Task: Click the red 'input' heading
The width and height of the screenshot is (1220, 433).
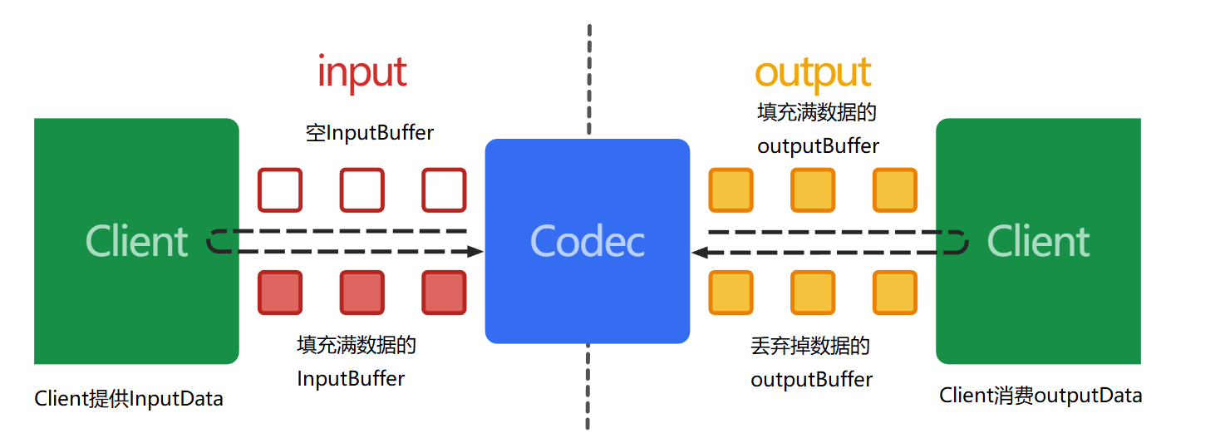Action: [x=362, y=73]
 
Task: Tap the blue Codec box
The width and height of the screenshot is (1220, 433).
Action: [x=587, y=241]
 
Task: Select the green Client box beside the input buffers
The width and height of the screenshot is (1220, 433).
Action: [x=136, y=241]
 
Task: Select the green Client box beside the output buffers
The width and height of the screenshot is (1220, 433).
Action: [x=1038, y=241]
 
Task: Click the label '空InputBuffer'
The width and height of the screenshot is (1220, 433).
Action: [x=370, y=132]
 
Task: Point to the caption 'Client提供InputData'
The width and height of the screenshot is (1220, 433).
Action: [x=129, y=399]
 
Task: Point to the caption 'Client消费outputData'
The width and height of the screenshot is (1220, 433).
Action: [x=1040, y=396]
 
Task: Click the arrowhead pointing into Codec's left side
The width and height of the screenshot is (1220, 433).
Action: [x=475, y=251]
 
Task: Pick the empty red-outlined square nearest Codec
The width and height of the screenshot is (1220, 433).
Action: [x=444, y=190]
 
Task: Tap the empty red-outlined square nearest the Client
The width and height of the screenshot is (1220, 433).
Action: [x=279, y=190]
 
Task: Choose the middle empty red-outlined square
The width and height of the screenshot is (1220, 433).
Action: [x=362, y=190]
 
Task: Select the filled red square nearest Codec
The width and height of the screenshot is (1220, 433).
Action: [x=444, y=293]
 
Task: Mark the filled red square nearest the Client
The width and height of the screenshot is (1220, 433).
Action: [x=279, y=293]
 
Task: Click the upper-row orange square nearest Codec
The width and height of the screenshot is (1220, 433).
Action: [x=730, y=190]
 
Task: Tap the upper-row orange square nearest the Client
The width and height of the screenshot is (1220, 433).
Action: [x=894, y=190]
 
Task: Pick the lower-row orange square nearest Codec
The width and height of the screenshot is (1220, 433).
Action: [x=730, y=293]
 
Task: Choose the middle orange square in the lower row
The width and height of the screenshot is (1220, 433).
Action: [x=812, y=293]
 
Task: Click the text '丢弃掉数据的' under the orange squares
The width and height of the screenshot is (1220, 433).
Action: [x=809, y=346]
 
